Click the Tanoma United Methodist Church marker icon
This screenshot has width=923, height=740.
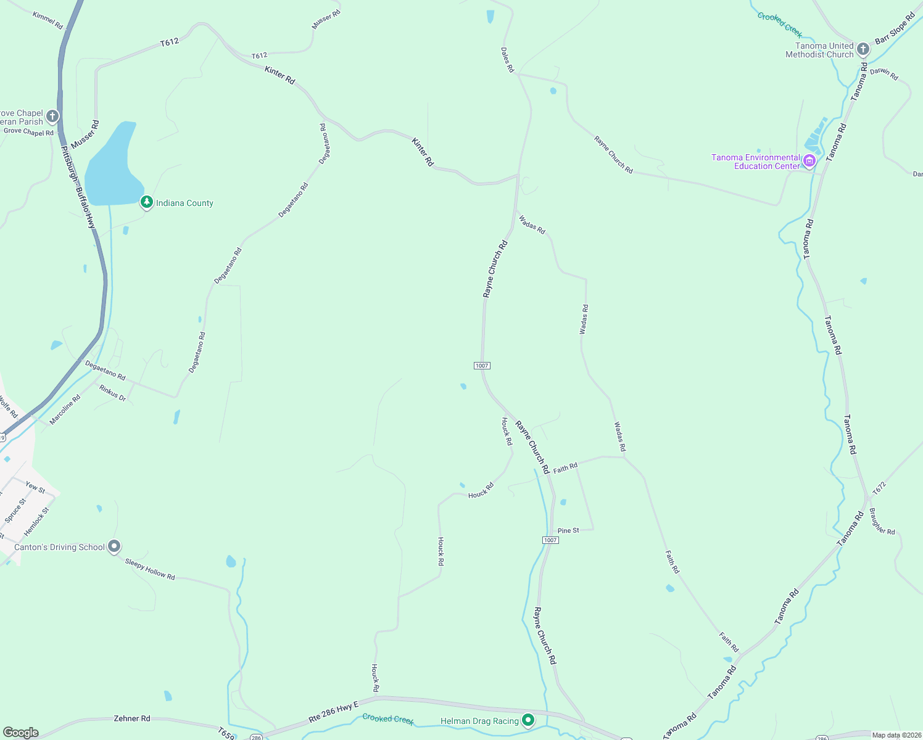(x=863, y=49)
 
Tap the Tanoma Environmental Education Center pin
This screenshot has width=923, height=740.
(x=809, y=162)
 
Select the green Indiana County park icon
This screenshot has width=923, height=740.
(x=147, y=202)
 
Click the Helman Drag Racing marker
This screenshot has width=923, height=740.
(x=528, y=720)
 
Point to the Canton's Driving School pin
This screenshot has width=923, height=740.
(x=114, y=546)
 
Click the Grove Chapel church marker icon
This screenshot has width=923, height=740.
(x=52, y=116)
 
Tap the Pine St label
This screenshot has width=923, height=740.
(x=568, y=530)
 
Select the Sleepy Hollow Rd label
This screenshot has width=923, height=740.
(x=150, y=569)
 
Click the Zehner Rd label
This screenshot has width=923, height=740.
(x=132, y=718)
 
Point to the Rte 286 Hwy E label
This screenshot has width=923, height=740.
(x=333, y=712)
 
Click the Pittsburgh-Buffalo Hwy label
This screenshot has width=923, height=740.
(x=78, y=188)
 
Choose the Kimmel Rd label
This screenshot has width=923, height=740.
(x=48, y=20)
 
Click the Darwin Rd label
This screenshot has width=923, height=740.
(x=884, y=74)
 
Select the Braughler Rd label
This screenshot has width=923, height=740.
(x=882, y=521)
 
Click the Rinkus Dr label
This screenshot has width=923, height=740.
(x=113, y=393)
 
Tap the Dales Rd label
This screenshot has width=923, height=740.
(x=507, y=60)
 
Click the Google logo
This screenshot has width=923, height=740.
(x=20, y=733)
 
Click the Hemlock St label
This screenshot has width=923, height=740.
(x=36, y=522)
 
